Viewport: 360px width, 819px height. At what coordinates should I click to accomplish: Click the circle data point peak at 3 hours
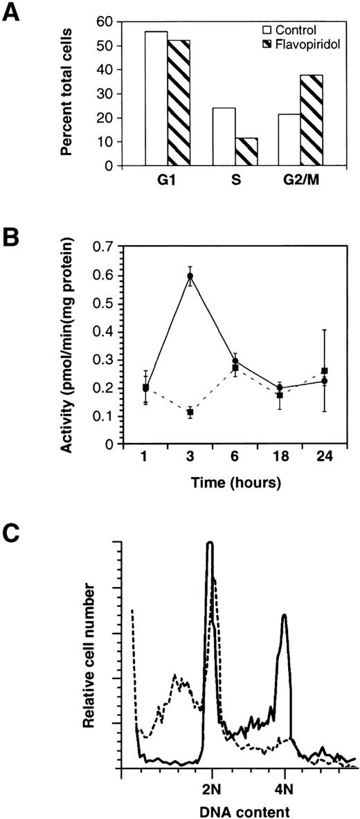pyautogui.click(x=190, y=276)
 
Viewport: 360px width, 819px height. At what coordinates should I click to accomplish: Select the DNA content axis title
pyautogui.click(x=241, y=807)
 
